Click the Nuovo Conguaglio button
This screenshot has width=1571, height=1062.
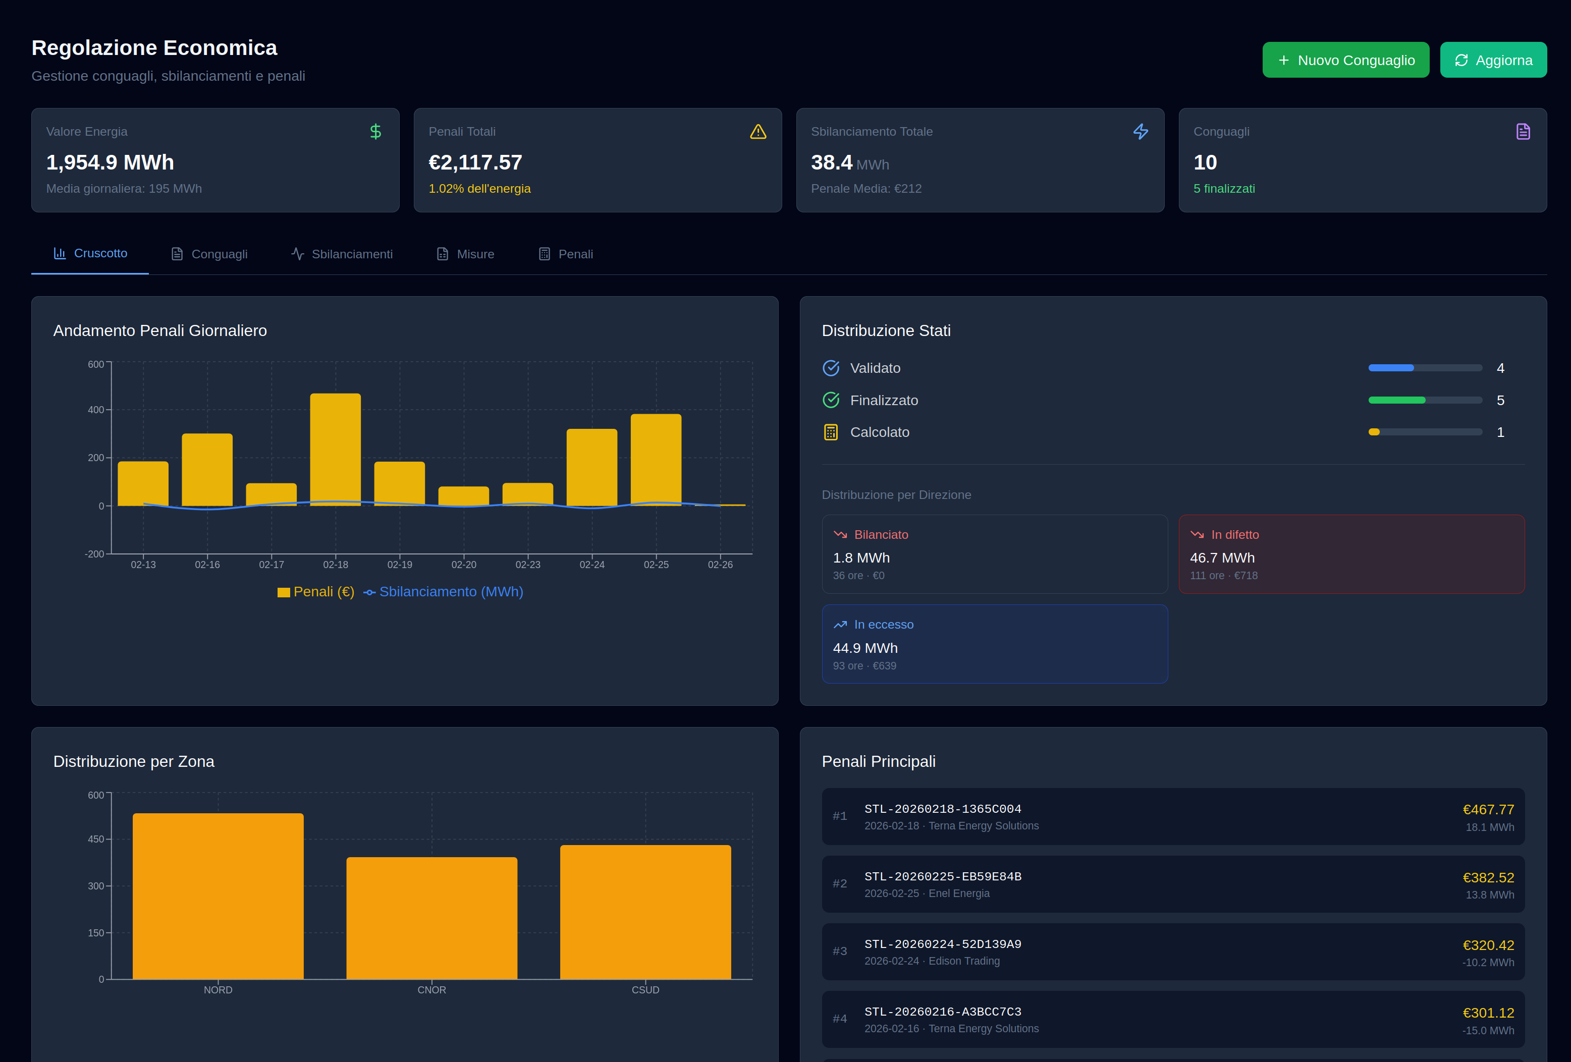1345,60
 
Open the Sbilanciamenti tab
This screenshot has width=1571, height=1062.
342,254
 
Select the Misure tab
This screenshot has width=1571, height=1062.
466,254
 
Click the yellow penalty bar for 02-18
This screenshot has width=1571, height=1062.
335,449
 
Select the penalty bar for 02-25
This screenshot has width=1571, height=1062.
656,459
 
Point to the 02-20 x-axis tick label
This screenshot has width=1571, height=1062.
464,565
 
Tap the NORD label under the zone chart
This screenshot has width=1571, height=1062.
218,990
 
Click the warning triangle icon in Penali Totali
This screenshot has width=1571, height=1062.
758,132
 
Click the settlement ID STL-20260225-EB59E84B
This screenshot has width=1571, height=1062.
942,877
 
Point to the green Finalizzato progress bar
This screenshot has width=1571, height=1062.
1396,400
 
